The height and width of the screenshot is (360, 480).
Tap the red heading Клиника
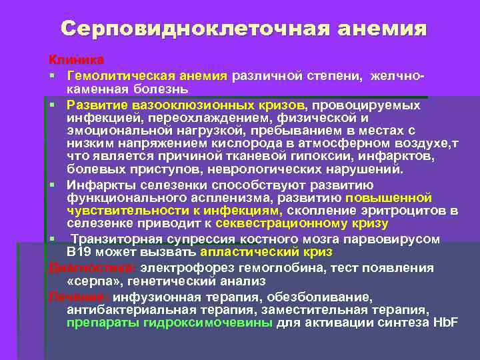point(75,60)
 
